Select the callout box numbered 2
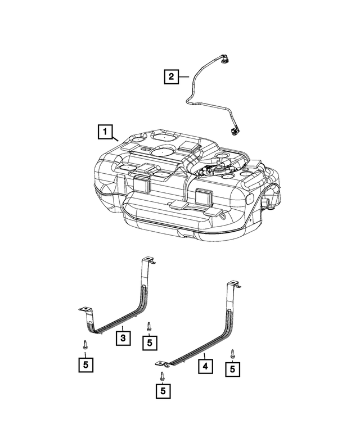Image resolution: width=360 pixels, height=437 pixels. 170,75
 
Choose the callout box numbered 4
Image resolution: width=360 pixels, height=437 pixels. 205,366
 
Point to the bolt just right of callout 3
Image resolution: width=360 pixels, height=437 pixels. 149,326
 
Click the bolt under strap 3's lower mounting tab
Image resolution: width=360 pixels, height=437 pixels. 83,345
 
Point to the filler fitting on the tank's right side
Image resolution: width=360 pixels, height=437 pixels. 268,200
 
